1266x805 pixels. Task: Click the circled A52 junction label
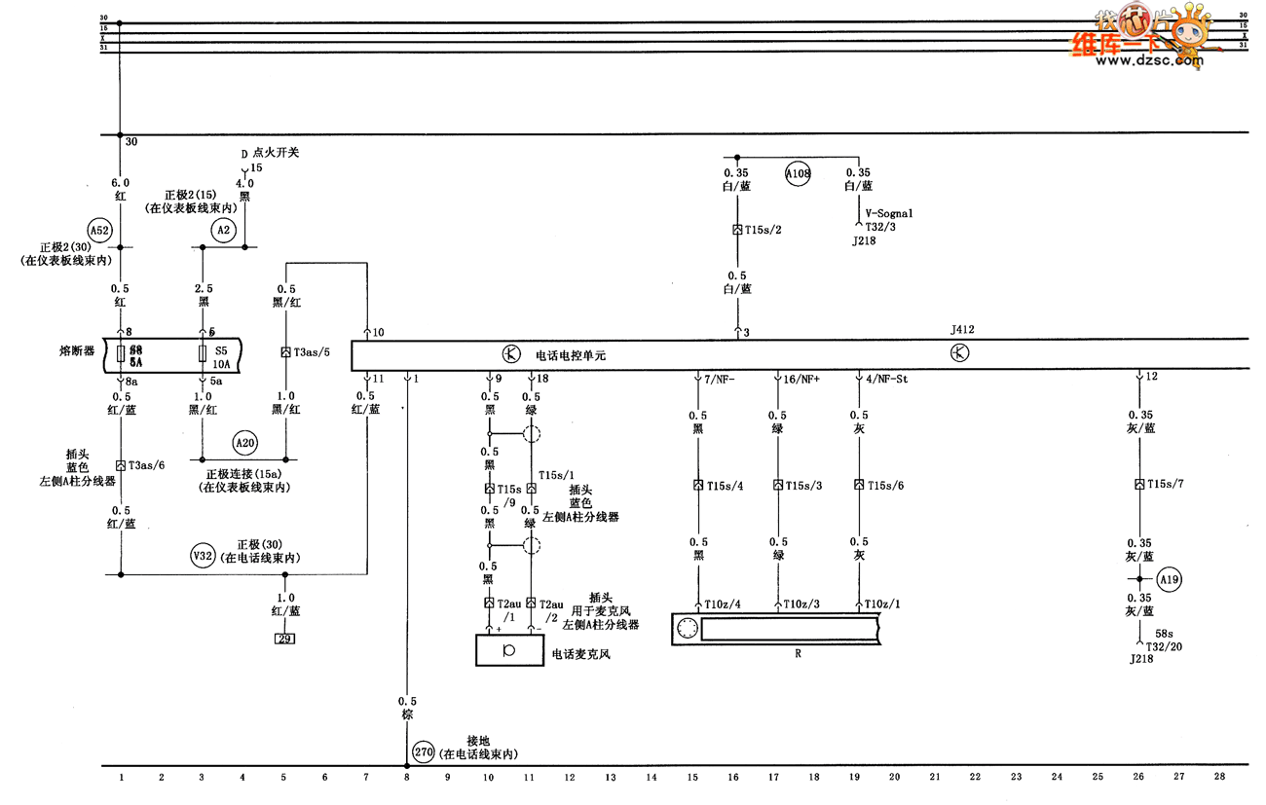tap(99, 230)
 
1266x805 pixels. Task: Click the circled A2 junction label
tap(223, 230)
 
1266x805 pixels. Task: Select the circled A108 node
tap(799, 174)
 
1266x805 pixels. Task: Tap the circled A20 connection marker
tap(244, 443)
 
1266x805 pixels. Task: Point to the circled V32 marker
tap(203, 557)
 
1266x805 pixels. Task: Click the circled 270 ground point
tap(423, 751)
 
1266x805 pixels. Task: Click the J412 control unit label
tap(962, 330)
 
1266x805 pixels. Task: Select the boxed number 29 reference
tap(284, 639)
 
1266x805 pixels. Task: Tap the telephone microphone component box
tap(509, 650)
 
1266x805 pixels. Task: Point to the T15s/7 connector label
tap(1165, 484)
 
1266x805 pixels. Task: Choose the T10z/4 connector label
tap(723, 604)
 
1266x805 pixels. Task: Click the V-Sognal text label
tap(890, 213)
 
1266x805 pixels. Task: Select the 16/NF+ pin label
tap(802, 378)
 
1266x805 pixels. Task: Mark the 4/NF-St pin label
tap(886, 378)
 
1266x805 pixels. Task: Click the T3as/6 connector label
tap(147, 465)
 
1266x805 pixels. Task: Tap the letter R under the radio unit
tap(798, 654)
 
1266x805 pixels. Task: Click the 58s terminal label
tap(1164, 633)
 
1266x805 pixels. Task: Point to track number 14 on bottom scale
tap(652, 777)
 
